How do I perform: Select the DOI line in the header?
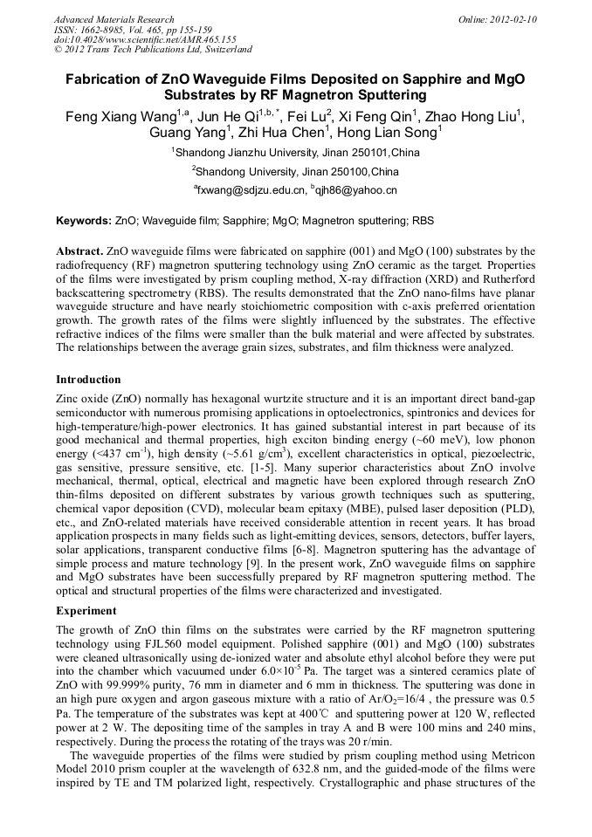pos(145,39)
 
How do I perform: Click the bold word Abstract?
pos(79,250)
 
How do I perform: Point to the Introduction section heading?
pos(88,380)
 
